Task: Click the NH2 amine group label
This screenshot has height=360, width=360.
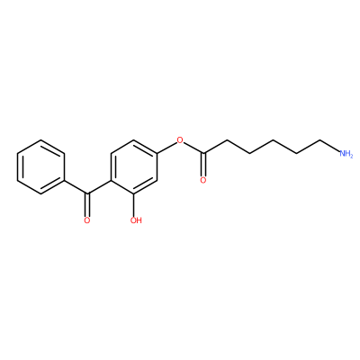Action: pos(346,154)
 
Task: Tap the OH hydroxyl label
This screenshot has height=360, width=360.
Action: pos(136,220)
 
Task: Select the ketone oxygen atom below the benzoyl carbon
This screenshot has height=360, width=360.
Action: pos(87,220)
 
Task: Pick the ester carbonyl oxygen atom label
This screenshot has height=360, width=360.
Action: pos(203,180)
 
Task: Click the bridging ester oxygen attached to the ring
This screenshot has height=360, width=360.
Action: pos(180,139)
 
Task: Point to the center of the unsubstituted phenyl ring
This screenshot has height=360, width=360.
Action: pos(40,166)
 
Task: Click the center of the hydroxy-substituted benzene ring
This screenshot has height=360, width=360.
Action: pos(134,166)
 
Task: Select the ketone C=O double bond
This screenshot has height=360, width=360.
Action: pos(87,205)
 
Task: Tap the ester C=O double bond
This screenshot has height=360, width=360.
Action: pos(203,165)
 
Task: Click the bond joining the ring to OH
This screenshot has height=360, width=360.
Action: pos(135,205)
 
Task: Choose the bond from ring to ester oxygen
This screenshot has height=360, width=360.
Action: pos(166,148)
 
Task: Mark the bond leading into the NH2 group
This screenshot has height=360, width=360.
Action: pos(330,146)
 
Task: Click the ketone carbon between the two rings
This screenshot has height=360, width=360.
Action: pos(87,193)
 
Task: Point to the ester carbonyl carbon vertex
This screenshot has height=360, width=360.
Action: pos(203,153)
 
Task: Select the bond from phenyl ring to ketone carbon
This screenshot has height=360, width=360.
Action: pos(76,187)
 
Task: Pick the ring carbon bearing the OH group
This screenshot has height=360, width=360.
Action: pos(135,193)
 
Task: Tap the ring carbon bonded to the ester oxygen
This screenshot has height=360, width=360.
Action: pos(157,153)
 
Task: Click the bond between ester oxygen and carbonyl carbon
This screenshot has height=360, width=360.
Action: pos(193,148)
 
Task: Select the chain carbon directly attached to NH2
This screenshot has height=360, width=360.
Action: pos(320,140)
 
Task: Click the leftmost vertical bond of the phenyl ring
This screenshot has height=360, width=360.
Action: pos(18,166)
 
